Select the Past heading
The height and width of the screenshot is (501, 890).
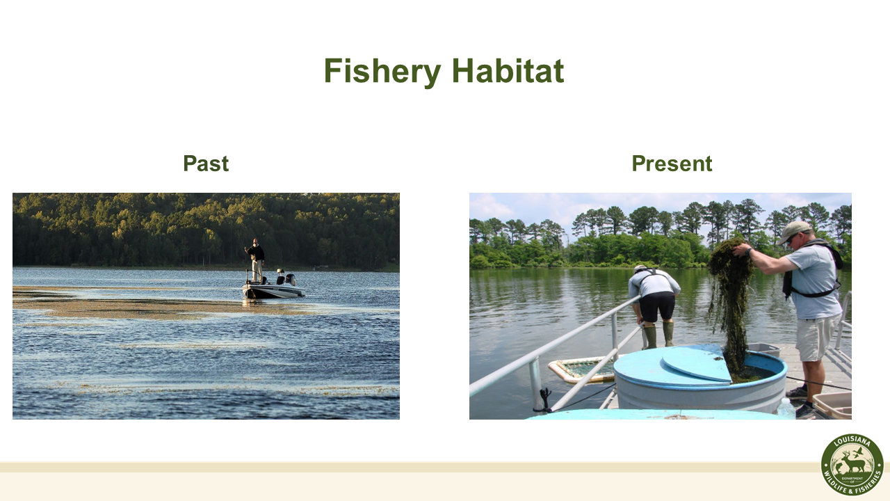tap(206, 164)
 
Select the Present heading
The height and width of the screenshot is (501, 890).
tap(672, 164)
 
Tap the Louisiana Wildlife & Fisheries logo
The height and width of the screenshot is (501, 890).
tap(852, 464)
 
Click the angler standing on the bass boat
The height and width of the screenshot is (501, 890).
tap(256, 260)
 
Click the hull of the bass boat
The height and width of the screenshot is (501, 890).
tap(273, 291)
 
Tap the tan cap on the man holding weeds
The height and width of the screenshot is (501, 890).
tap(794, 230)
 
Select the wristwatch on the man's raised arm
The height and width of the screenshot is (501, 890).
tap(750, 250)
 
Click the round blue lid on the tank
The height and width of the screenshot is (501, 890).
tap(695, 363)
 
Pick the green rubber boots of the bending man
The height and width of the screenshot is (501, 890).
tap(658, 335)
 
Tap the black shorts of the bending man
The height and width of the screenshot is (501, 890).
tap(657, 306)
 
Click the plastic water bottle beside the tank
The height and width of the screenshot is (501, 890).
tap(786, 408)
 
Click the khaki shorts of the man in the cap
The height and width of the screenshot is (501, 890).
tap(817, 336)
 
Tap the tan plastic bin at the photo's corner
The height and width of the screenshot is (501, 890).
tap(832, 404)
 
